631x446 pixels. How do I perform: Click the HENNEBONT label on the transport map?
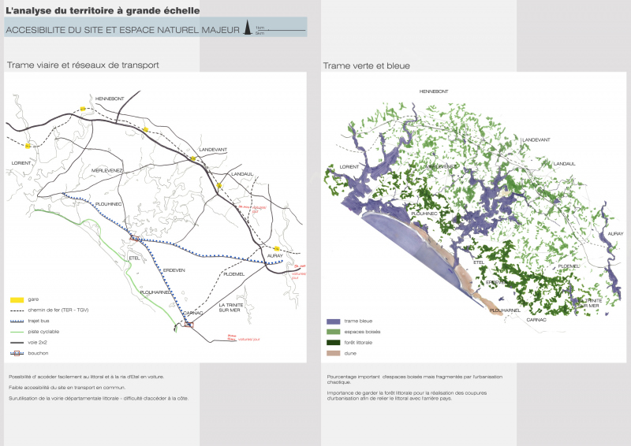click(110, 98)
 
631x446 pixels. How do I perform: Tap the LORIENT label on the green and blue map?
click(348, 167)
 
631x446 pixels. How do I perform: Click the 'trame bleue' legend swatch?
click(333, 321)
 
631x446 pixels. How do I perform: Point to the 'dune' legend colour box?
click(333, 353)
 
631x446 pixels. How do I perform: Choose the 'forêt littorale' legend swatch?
click(333, 343)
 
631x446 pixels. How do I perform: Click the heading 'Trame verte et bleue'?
click(366, 66)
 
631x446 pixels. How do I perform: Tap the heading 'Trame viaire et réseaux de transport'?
click(83, 65)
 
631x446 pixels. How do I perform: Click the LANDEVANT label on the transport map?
click(213, 149)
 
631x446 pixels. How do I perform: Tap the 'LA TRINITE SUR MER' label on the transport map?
click(233, 307)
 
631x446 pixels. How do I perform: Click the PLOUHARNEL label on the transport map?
click(156, 292)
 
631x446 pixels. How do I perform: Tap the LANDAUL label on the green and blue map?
click(565, 164)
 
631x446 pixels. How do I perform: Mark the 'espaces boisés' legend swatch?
click(333, 333)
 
